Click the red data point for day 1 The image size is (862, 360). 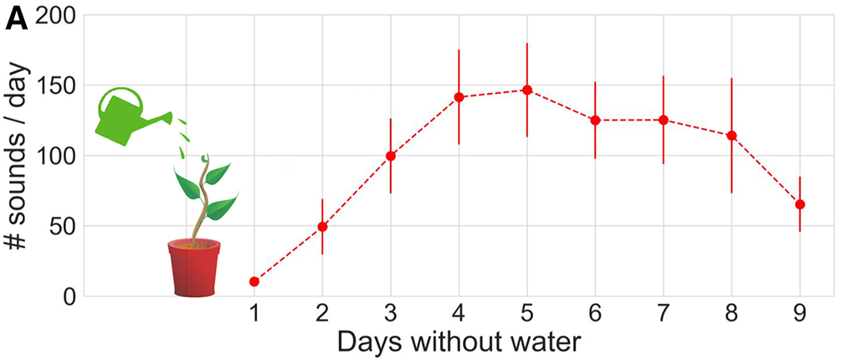click(x=254, y=281)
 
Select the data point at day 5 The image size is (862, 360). click(x=527, y=90)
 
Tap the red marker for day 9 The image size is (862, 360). click(x=800, y=204)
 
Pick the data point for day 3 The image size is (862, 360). click(x=390, y=156)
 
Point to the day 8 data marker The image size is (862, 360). click(x=731, y=136)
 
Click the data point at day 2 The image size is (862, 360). click(x=322, y=226)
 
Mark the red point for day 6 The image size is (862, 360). click(x=595, y=121)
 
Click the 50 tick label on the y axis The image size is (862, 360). click(x=64, y=226)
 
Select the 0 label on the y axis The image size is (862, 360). click(x=72, y=296)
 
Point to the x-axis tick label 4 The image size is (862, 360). click(x=459, y=315)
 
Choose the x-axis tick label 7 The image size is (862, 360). click(x=664, y=315)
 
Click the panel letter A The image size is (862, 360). click(x=17, y=18)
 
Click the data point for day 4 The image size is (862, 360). click(x=459, y=97)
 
